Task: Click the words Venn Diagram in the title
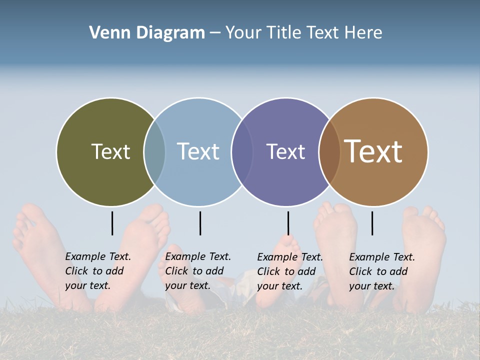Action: (x=147, y=33)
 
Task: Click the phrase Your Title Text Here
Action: (x=303, y=33)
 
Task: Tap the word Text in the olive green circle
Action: (x=110, y=151)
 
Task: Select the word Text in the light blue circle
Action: (x=198, y=151)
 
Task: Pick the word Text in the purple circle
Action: (x=285, y=151)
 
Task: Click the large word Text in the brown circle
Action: (x=373, y=151)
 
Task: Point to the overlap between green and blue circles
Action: (x=154, y=152)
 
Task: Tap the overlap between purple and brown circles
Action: (x=329, y=152)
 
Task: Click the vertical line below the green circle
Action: (x=112, y=223)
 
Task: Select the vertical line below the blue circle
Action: (x=200, y=223)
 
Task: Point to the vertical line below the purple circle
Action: (x=288, y=223)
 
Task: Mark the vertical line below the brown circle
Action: (x=372, y=223)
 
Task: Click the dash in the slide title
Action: (x=215, y=33)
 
